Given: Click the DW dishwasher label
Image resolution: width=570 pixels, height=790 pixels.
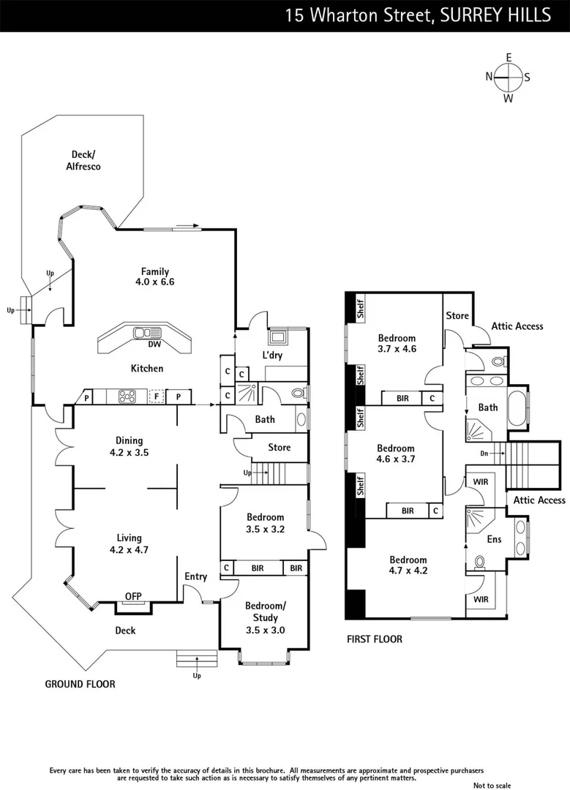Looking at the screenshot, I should coord(154,345).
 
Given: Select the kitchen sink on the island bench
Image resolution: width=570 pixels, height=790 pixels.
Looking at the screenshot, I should coord(141,334).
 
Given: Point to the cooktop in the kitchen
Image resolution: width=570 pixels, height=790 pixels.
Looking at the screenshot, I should coord(127,396).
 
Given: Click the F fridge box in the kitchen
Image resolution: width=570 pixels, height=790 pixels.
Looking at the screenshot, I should coord(155,397).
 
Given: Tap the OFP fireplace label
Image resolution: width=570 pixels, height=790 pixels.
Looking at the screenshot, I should coord(133,597).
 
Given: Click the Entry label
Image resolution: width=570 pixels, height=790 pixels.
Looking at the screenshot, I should coord(195,576).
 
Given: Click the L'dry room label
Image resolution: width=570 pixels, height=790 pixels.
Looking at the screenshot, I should coord(272,355).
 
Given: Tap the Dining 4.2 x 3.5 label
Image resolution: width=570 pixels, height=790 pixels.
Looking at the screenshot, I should coord(129,446).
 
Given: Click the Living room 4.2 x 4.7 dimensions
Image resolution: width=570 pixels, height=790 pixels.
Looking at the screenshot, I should coord(129,550).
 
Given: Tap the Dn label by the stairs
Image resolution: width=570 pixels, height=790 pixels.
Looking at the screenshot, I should coord(484,454).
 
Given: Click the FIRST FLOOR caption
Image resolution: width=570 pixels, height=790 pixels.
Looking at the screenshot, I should coord(374,639).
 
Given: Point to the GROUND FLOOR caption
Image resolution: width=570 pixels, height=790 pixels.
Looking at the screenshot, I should coord(80,684).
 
